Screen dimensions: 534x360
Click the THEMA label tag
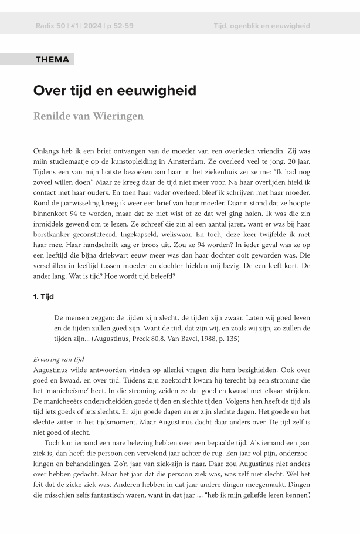click(x=52, y=59)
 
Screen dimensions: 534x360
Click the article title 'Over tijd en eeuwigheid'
click(x=114, y=91)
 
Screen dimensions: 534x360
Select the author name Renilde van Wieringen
click(x=88, y=116)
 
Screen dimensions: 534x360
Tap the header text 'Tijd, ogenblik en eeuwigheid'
click(x=261, y=26)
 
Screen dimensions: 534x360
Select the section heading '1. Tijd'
click(x=43, y=297)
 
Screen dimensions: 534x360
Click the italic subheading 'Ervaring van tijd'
click(x=59, y=359)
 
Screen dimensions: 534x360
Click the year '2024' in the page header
click(x=92, y=26)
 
